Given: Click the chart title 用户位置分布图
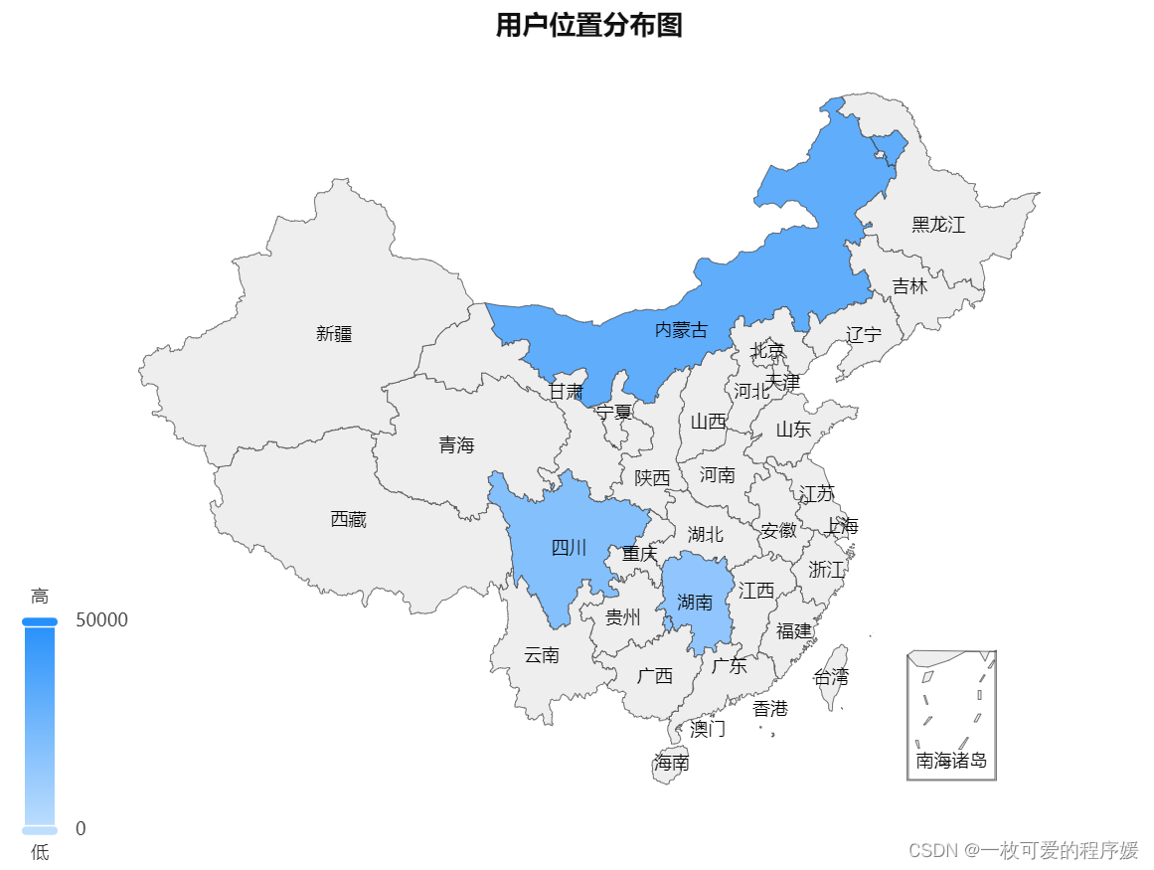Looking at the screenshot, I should click(x=588, y=26).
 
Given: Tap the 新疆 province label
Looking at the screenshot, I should click(x=334, y=334).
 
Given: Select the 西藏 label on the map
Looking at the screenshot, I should click(x=348, y=519).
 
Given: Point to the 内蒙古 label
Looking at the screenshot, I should click(x=681, y=330).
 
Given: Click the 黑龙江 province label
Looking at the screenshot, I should click(x=938, y=225).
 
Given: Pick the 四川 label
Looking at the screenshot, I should click(x=569, y=548).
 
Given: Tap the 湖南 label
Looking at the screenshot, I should click(x=695, y=602).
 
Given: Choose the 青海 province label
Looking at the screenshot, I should click(x=456, y=445).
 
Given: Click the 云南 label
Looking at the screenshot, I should click(x=542, y=655).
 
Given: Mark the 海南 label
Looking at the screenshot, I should click(x=672, y=763).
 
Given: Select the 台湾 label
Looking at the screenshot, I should click(x=831, y=677).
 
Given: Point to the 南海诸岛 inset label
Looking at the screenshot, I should click(x=951, y=761).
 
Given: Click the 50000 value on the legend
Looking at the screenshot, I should click(x=101, y=620).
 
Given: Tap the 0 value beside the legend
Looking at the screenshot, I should click(x=81, y=828).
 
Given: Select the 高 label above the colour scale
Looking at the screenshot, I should click(x=40, y=597).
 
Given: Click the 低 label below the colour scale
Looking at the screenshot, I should click(x=40, y=852).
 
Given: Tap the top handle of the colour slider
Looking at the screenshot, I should click(x=40, y=621).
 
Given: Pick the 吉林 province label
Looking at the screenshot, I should click(x=908, y=286).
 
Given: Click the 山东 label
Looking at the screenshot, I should click(x=793, y=430).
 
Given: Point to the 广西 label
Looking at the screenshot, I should click(x=654, y=676).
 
